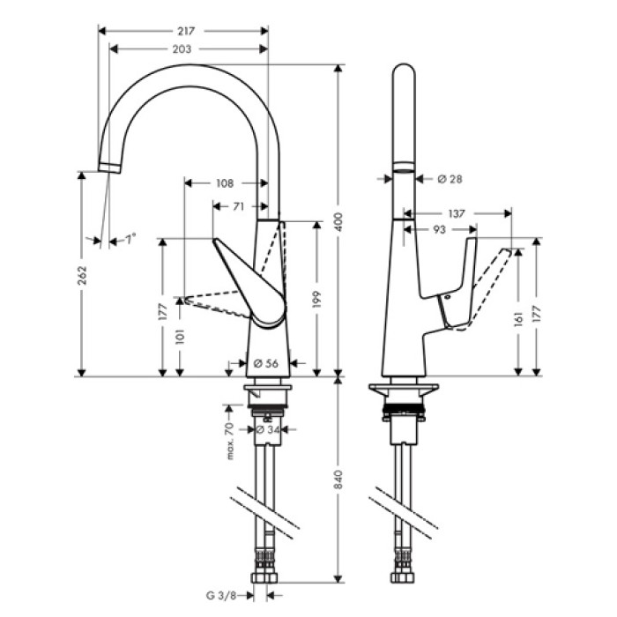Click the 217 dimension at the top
point(184,30)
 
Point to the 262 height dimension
point(81,273)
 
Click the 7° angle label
point(130,239)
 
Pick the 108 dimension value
point(224,183)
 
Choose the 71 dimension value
point(238,206)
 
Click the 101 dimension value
point(181,337)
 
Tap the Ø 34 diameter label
point(266,430)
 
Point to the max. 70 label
point(229,441)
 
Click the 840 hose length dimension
point(338,479)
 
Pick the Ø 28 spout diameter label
point(450,179)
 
